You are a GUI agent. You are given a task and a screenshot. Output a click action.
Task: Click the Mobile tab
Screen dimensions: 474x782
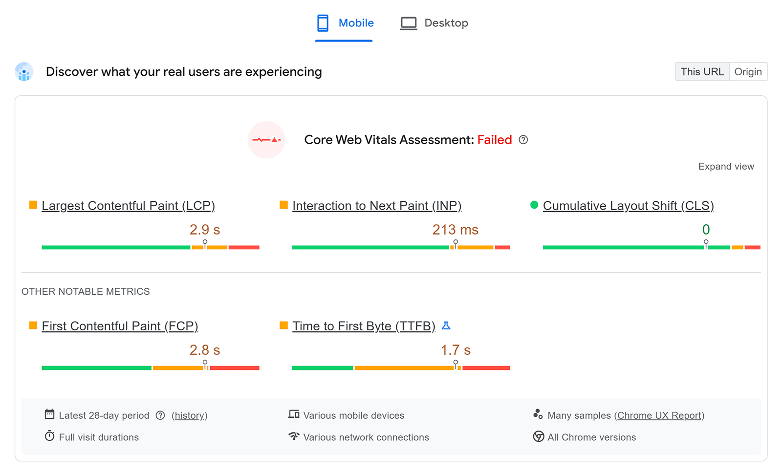click(345, 23)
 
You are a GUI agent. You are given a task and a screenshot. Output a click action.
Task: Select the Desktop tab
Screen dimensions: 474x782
click(434, 23)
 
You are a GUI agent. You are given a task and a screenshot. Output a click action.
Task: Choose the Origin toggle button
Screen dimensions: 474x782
click(748, 72)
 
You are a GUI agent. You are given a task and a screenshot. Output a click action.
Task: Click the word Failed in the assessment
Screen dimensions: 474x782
click(494, 140)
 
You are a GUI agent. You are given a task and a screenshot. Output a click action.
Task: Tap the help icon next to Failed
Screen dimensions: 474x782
click(523, 140)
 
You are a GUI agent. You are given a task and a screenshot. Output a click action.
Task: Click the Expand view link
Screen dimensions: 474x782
click(726, 167)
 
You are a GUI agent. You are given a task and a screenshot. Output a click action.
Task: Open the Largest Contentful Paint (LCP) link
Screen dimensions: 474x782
click(128, 206)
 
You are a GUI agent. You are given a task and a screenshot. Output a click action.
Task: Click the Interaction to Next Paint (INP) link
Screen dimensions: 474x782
click(376, 206)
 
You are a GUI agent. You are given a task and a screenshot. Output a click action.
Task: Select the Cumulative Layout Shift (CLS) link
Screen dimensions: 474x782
click(628, 206)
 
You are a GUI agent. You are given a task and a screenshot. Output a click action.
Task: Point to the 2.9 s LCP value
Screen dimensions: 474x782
click(205, 230)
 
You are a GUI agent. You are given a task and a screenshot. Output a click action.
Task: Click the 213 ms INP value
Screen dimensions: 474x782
click(455, 230)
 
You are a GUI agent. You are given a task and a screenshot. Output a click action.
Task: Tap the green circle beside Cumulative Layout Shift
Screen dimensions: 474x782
click(534, 205)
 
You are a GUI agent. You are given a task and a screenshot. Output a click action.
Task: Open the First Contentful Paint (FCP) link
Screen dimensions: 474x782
click(120, 326)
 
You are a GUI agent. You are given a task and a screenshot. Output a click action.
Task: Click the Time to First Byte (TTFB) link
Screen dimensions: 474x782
click(364, 326)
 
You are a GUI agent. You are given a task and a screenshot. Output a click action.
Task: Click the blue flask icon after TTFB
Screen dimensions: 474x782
click(446, 325)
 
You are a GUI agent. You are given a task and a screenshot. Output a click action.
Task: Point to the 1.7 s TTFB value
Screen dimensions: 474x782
click(455, 350)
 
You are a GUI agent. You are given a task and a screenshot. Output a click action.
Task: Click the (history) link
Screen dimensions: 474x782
click(190, 415)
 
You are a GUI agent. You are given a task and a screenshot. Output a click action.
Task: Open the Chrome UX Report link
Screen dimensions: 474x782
click(659, 415)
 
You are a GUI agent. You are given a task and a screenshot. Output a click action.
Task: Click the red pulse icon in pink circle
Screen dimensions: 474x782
click(266, 140)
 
